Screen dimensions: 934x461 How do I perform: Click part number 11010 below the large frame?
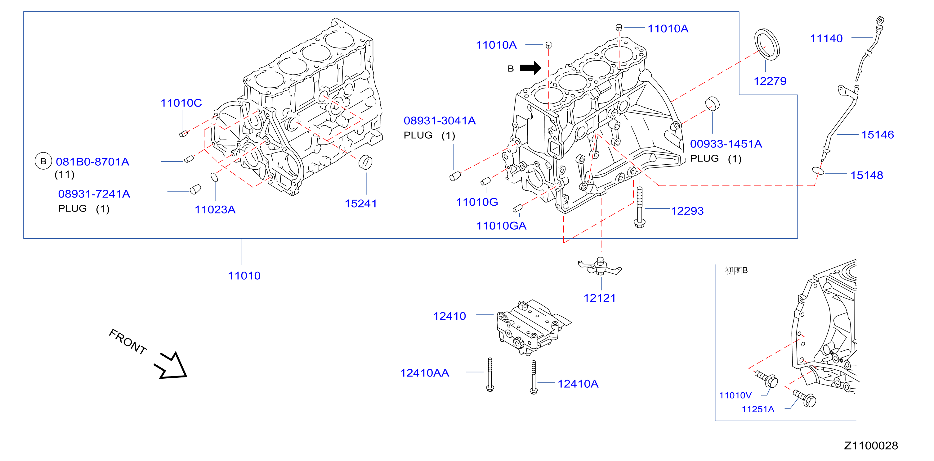point(244,276)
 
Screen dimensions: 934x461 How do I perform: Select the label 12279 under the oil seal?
point(770,81)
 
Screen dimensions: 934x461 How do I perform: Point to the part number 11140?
point(826,39)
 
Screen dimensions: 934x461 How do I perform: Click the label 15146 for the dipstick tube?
point(878,135)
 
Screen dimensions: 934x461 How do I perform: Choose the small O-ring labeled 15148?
point(818,171)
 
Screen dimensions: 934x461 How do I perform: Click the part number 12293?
point(687,211)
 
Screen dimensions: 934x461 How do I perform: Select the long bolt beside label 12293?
point(640,207)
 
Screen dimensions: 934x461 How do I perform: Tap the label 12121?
point(600,298)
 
